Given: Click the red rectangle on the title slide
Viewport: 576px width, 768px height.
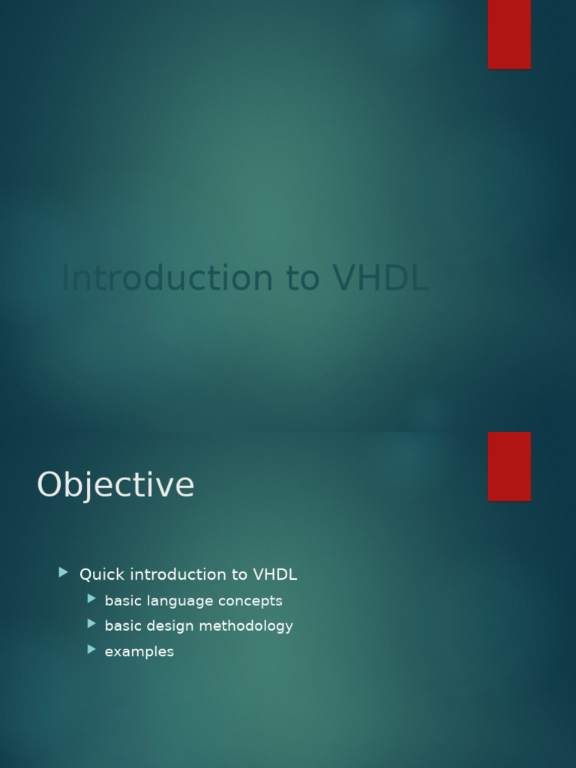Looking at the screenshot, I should point(509,34).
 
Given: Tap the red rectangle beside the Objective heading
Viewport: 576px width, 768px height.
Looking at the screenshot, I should point(509,466).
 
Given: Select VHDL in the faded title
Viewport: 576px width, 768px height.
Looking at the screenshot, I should point(381,278).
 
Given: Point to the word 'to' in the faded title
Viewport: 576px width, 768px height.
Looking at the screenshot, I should point(303,278).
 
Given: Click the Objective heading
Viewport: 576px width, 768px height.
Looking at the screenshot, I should point(115,484).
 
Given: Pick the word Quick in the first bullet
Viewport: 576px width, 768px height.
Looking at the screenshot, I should point(102,574).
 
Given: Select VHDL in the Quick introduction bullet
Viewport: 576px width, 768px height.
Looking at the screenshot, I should point(275,574).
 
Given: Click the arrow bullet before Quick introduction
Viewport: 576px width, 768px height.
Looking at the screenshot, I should point(64,573).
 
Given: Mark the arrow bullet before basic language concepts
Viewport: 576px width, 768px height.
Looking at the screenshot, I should point(91,598).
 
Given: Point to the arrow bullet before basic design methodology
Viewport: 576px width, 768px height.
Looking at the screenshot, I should point(91,623).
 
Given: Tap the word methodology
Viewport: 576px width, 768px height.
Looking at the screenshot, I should point(244,626).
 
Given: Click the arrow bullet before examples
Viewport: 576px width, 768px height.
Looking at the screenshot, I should point(91,649).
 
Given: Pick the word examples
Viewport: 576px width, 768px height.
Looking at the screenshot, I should point(139,652).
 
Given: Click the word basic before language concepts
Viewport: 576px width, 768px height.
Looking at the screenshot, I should point(123,601).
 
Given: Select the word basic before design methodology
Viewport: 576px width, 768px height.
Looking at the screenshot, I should point(123,625).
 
